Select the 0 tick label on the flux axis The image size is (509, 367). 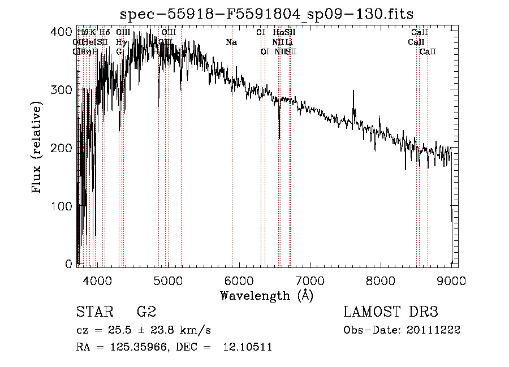coord(70,264)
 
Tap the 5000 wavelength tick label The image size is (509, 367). coord(168,280)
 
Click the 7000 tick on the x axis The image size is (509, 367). coord(310,280)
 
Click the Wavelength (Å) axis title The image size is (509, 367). coord(266,295)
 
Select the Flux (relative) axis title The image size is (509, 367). coord(38,148)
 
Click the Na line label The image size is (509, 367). coord(231,42)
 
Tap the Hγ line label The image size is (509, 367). coord(120,42)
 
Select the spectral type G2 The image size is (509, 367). coord(146,312)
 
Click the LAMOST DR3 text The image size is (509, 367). coord(391,312)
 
